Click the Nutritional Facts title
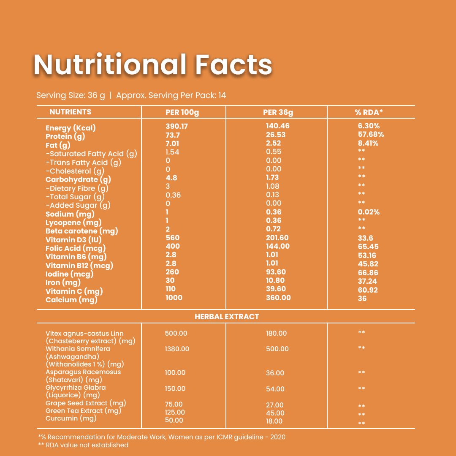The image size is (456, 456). point(153,65)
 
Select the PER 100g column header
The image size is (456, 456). point(182,112)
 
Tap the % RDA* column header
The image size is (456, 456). point(369,112)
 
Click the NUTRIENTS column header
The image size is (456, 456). point(70,112)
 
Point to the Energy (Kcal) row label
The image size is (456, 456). point(71,128)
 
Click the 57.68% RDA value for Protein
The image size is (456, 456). point(371,135)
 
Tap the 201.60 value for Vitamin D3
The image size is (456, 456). point(278,238)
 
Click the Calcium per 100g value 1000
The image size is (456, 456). point(174,298)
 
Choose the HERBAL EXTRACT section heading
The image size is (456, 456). point(227,317)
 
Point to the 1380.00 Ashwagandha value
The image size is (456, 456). point(177,349)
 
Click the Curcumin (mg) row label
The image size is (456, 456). point(71,418)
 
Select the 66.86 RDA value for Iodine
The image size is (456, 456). point(367,273)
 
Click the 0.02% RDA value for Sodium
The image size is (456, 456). point(369,212)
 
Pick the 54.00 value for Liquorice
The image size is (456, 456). point(275,389)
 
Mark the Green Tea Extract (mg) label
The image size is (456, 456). point(83,411)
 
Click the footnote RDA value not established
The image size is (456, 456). point(83,445)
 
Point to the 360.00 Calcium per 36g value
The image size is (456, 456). point(278,298)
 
